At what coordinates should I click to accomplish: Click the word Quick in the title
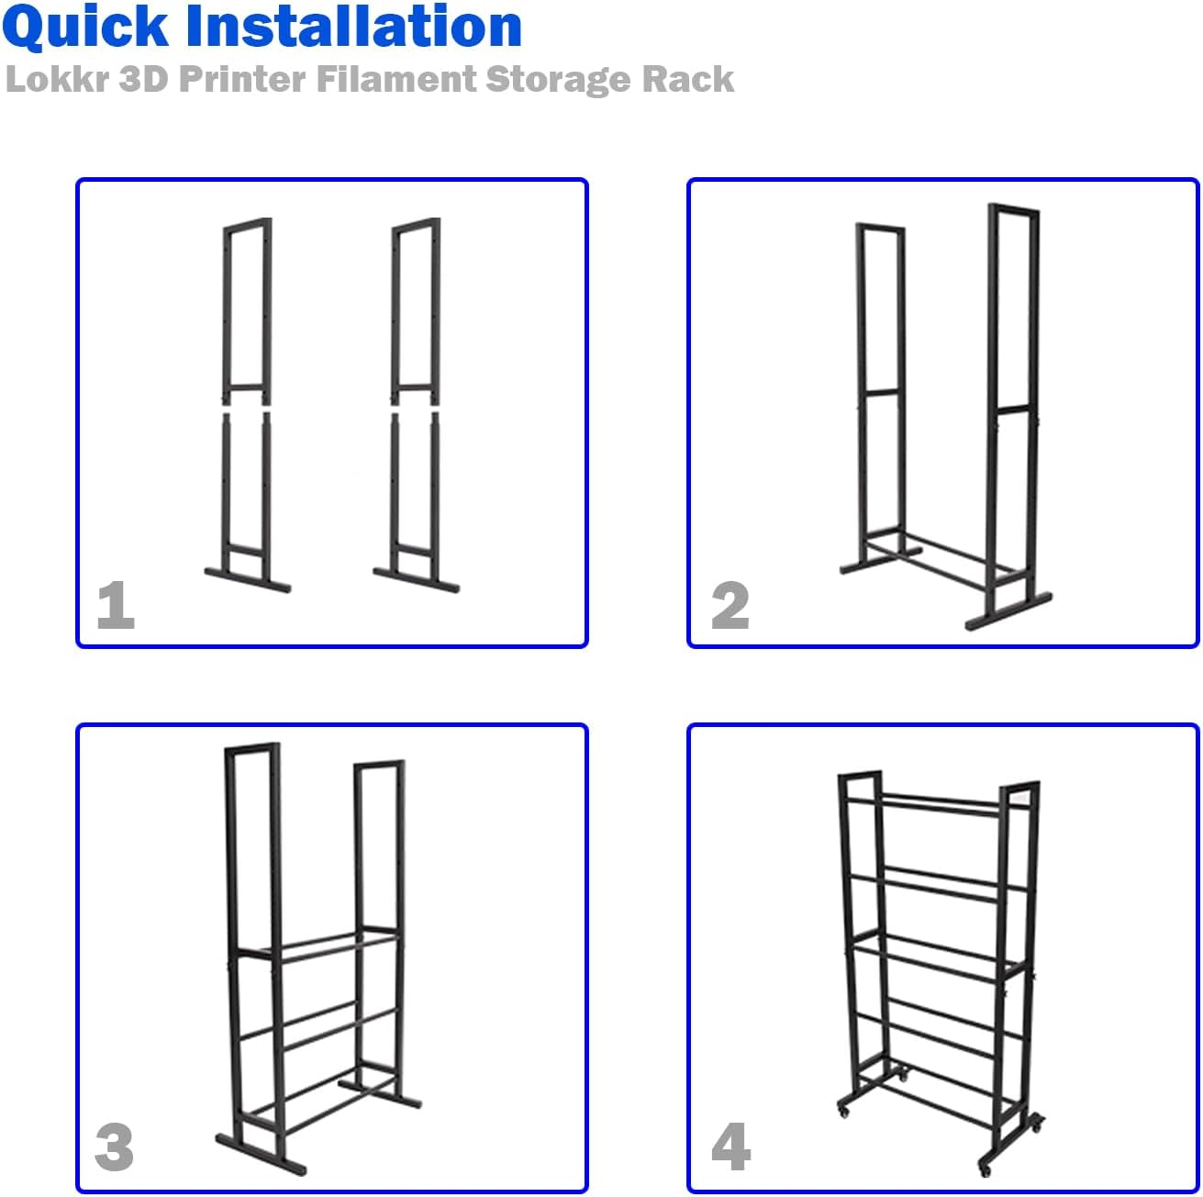point(85,28)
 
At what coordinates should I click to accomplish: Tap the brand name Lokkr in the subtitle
point(57,80)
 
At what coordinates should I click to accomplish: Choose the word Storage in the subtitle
point(558,80)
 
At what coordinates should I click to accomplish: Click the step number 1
point(116,606)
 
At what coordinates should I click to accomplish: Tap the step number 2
point(730,606)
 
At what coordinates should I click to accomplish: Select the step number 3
point(115,1147)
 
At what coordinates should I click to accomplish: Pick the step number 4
point(730,1147)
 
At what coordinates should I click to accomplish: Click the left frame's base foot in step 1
point(247,580)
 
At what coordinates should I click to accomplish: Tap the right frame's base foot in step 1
point(416,580)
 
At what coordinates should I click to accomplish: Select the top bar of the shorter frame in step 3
point(380,765)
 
